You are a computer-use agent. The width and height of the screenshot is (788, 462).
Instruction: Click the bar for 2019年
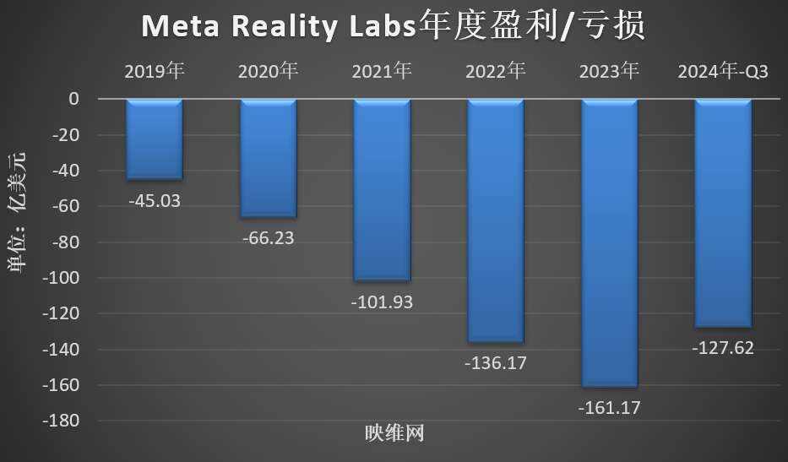point(155,139)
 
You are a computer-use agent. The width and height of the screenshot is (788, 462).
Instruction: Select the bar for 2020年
point(269,158)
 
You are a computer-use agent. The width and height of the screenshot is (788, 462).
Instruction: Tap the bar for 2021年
point(382,190)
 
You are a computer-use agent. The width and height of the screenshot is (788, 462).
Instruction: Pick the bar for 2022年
point(496,220)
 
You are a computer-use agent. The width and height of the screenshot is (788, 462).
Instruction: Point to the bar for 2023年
point(610,243)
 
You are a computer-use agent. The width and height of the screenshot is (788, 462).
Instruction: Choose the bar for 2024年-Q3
point(723,213)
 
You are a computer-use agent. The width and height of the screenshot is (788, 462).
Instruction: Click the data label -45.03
point(155,201)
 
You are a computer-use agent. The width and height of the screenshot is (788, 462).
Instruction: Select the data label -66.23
point(269,238)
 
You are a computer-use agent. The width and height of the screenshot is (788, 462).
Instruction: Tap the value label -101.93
point(382,302)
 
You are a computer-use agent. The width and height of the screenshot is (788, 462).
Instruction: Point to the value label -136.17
point(496,363)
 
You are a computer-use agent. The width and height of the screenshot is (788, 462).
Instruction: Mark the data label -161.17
point(610,408)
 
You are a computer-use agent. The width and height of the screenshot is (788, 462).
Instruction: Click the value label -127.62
point(723,347)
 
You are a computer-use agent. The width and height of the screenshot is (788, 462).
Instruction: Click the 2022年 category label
point(496,71)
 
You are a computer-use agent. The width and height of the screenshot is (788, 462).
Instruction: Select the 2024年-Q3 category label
point(723,71)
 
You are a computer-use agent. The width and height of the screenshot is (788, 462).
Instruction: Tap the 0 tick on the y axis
point(73,99)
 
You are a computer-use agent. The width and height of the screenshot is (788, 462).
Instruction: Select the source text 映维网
point(394,434)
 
